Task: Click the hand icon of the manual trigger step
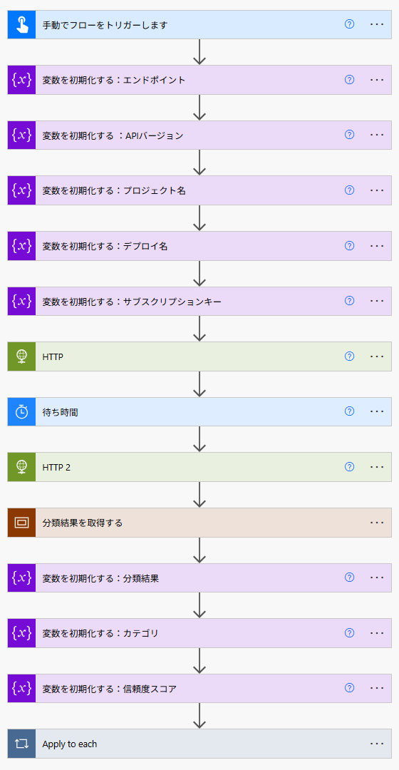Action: tap(21, 24)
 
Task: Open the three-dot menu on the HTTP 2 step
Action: tap(377, 466)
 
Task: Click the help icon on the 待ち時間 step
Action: tap(349, 411)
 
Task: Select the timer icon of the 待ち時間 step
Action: tap(21, 411)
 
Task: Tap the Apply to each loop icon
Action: tap(21, 744)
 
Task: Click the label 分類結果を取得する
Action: tap(83, 523)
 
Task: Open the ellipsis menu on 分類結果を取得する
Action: tap(377, 522)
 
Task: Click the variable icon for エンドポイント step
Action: tap(21, 80)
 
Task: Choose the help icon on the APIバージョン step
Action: tap(349, 135)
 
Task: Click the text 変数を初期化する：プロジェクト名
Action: tap(114, 190)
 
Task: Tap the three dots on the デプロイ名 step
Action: tap(377, 245)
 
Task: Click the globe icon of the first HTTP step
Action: tap(21, 356)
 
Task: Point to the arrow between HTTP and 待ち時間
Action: tap(199, 384)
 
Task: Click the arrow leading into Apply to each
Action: tap(199, 716)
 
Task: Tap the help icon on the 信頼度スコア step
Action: tap(349, 687)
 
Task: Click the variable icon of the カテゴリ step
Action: tap(21, 632)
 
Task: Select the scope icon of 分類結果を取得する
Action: tap(21, 523)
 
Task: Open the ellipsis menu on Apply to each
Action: tap(377, 744)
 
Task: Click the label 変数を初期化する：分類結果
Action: tap(100, 578)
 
